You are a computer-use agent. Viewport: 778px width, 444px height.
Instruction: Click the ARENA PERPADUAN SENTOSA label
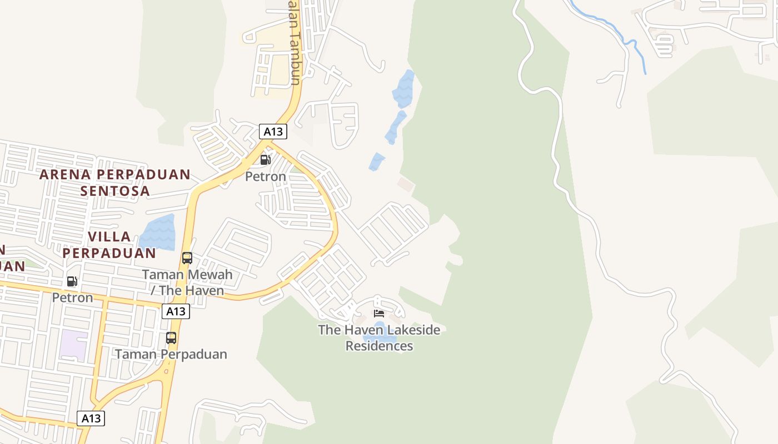click(114, 183)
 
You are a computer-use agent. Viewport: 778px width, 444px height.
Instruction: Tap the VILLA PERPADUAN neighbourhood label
click(109, 245)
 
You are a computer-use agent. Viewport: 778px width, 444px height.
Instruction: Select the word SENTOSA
click(114, 191)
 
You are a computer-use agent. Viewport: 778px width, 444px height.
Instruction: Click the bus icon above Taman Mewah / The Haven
click(187, 258)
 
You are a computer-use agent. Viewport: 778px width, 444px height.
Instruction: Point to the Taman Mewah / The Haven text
click(187, 282)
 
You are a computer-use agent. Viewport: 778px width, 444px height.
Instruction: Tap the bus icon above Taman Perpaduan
click(171, 337)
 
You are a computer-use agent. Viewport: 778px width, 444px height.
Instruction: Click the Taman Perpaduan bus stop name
click(171, 354)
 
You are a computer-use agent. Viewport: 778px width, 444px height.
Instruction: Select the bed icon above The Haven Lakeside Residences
click(379, 314)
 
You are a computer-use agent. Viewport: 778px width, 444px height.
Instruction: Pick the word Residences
click(379, 346)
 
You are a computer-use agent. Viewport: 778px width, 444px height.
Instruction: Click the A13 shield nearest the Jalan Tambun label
click(273, 132)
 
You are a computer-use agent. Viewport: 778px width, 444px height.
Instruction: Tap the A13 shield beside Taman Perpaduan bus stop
click(176, 311)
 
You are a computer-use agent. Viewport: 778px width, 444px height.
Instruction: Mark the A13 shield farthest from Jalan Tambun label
click(91, 418)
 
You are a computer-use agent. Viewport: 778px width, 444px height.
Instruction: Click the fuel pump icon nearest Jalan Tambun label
click(266, 160)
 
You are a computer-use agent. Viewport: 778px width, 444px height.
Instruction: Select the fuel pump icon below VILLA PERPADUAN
click(72, 281)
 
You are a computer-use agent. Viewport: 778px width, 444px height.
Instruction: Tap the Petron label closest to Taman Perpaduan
click(72, 298)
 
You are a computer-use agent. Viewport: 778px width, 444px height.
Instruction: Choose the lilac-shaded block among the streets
click(74, 345)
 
